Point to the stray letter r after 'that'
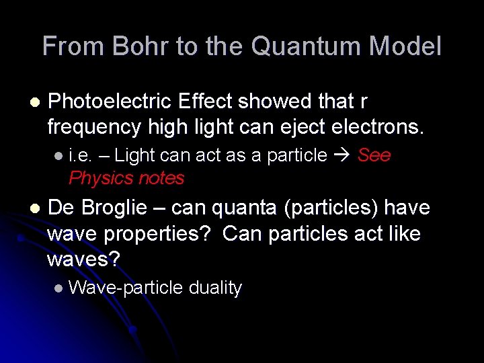click(364, 102)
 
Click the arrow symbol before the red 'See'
click(341, 156)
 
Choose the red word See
click(374, 156)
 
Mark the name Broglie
click(114, 208)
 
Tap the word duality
click(215, 288)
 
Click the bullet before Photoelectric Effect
click(34, 102)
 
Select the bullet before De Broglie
click(34, 208)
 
